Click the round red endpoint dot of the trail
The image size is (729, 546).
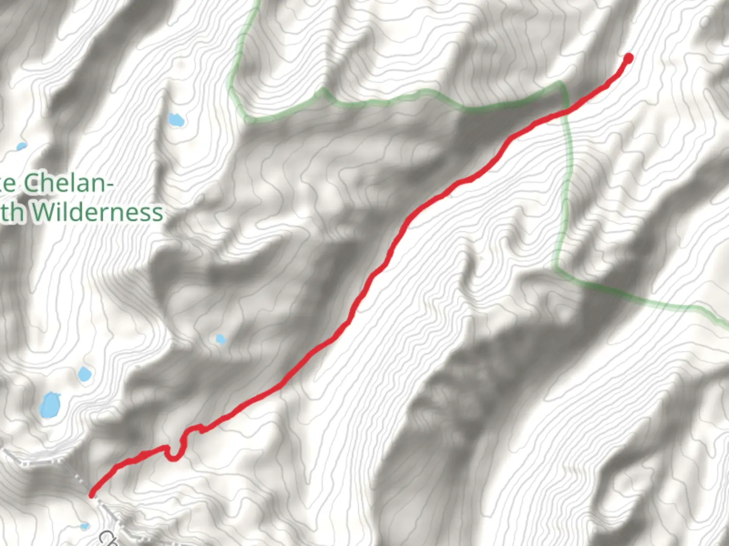[629, 58]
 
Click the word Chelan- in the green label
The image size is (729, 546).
[68, 183]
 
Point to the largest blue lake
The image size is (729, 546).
[50, 405]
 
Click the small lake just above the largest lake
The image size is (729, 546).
[85, 375]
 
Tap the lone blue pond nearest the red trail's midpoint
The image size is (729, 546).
[220, 339]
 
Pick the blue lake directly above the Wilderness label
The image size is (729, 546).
[176, 120]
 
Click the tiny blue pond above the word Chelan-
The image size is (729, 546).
[21, 147]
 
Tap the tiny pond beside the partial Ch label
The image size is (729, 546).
[85, 526]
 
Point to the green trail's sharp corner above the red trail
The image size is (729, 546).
[560, 83]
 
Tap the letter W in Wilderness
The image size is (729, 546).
[46, 212]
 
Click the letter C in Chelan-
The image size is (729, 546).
[32, 183]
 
